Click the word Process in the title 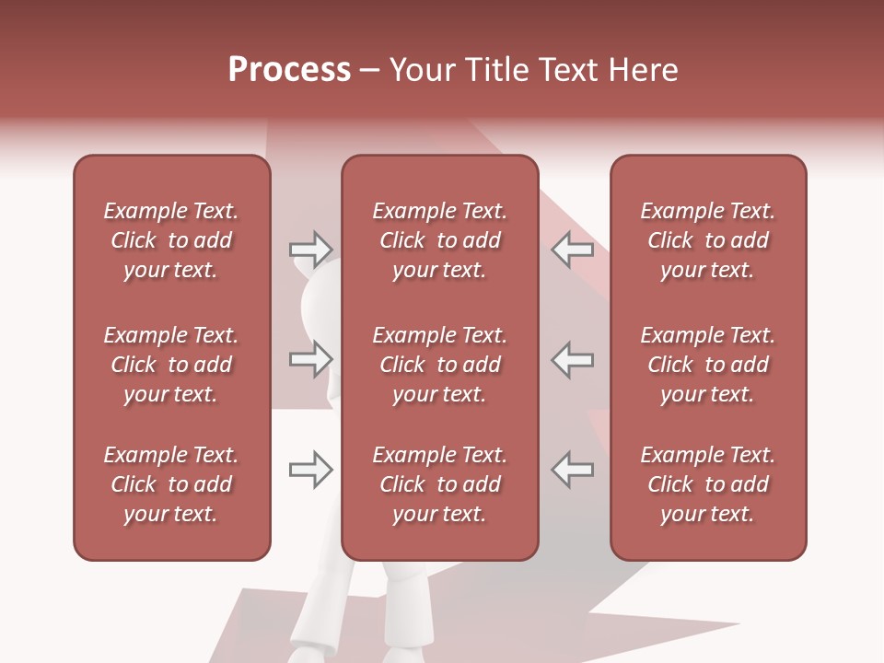click(x=289, y=69)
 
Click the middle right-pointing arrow click(x=310, y=359)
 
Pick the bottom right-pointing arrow click(x=310, y=470)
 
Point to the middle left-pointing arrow click(x=572, y=359)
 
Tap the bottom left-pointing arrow click(x=572, y=470)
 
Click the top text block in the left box click(x=171, y=240)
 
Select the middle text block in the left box click(x=171, y=365)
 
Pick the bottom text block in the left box click(x=171, y=484)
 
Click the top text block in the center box click(x=439, y=240)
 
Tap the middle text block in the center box click(x=439, y=365)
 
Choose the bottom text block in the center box click(x=439, y=484)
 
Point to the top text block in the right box click(x=708, y=240)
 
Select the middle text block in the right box click(x=708, y=365)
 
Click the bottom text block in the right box click(x=708, y=484)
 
